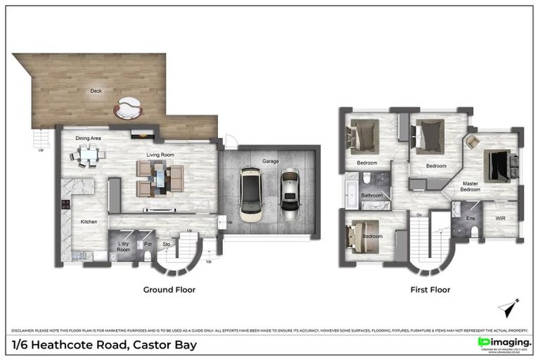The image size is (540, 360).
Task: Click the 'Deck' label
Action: click(x=95, y=91)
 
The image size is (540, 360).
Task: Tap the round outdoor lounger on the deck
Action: click(x=128, y=108)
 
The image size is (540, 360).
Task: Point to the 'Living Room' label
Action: click(x=160, y=155)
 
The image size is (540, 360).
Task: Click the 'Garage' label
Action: click(x=271, y=161)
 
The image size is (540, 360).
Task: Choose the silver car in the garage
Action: click(x=289, y=195)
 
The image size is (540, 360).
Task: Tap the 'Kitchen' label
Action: click(x=89, y=222)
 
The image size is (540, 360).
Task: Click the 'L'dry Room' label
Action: click(x=123, y=247)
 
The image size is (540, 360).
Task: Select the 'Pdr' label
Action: click(x=148, y=245)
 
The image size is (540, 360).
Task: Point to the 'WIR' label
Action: click(x=500, y=219)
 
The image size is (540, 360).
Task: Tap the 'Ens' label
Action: click(x=470, y=219)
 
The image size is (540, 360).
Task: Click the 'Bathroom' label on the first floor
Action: click(x=372, y=195)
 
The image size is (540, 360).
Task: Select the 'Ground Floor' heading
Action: click(x=169, y=290)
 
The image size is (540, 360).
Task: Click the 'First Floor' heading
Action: click(x=430, y=290)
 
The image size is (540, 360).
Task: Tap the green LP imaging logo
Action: click(x=484, y=342)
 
